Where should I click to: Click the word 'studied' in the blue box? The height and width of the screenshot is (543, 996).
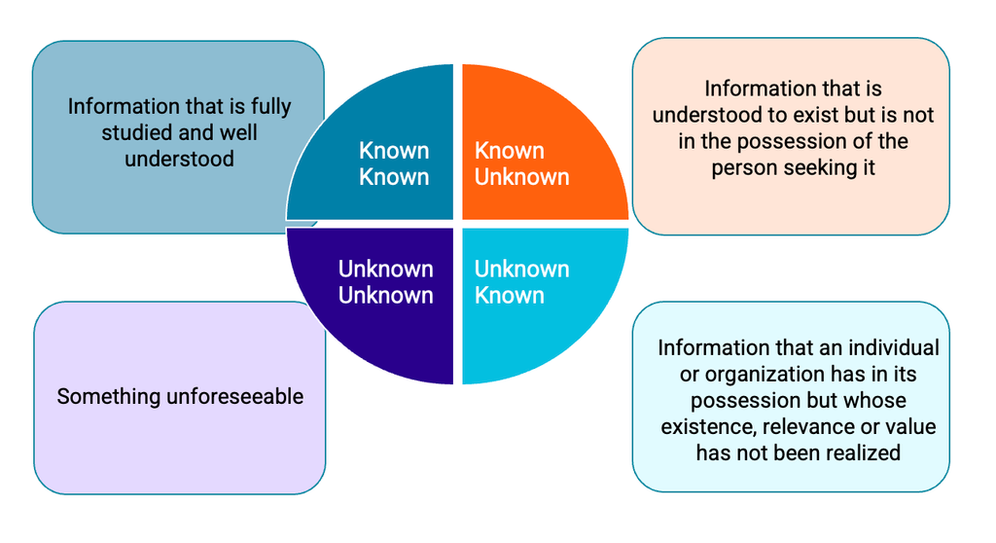click(135, 132)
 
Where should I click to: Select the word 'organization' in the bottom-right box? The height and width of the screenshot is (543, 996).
click(742, 375)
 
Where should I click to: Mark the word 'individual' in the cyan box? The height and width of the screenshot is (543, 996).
click(891, 348)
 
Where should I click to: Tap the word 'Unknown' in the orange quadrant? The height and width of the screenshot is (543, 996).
click(522, 177)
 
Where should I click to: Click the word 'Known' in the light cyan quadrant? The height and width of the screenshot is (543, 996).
click(509, 296)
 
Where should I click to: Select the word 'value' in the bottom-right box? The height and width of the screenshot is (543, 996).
click(911, 427)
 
